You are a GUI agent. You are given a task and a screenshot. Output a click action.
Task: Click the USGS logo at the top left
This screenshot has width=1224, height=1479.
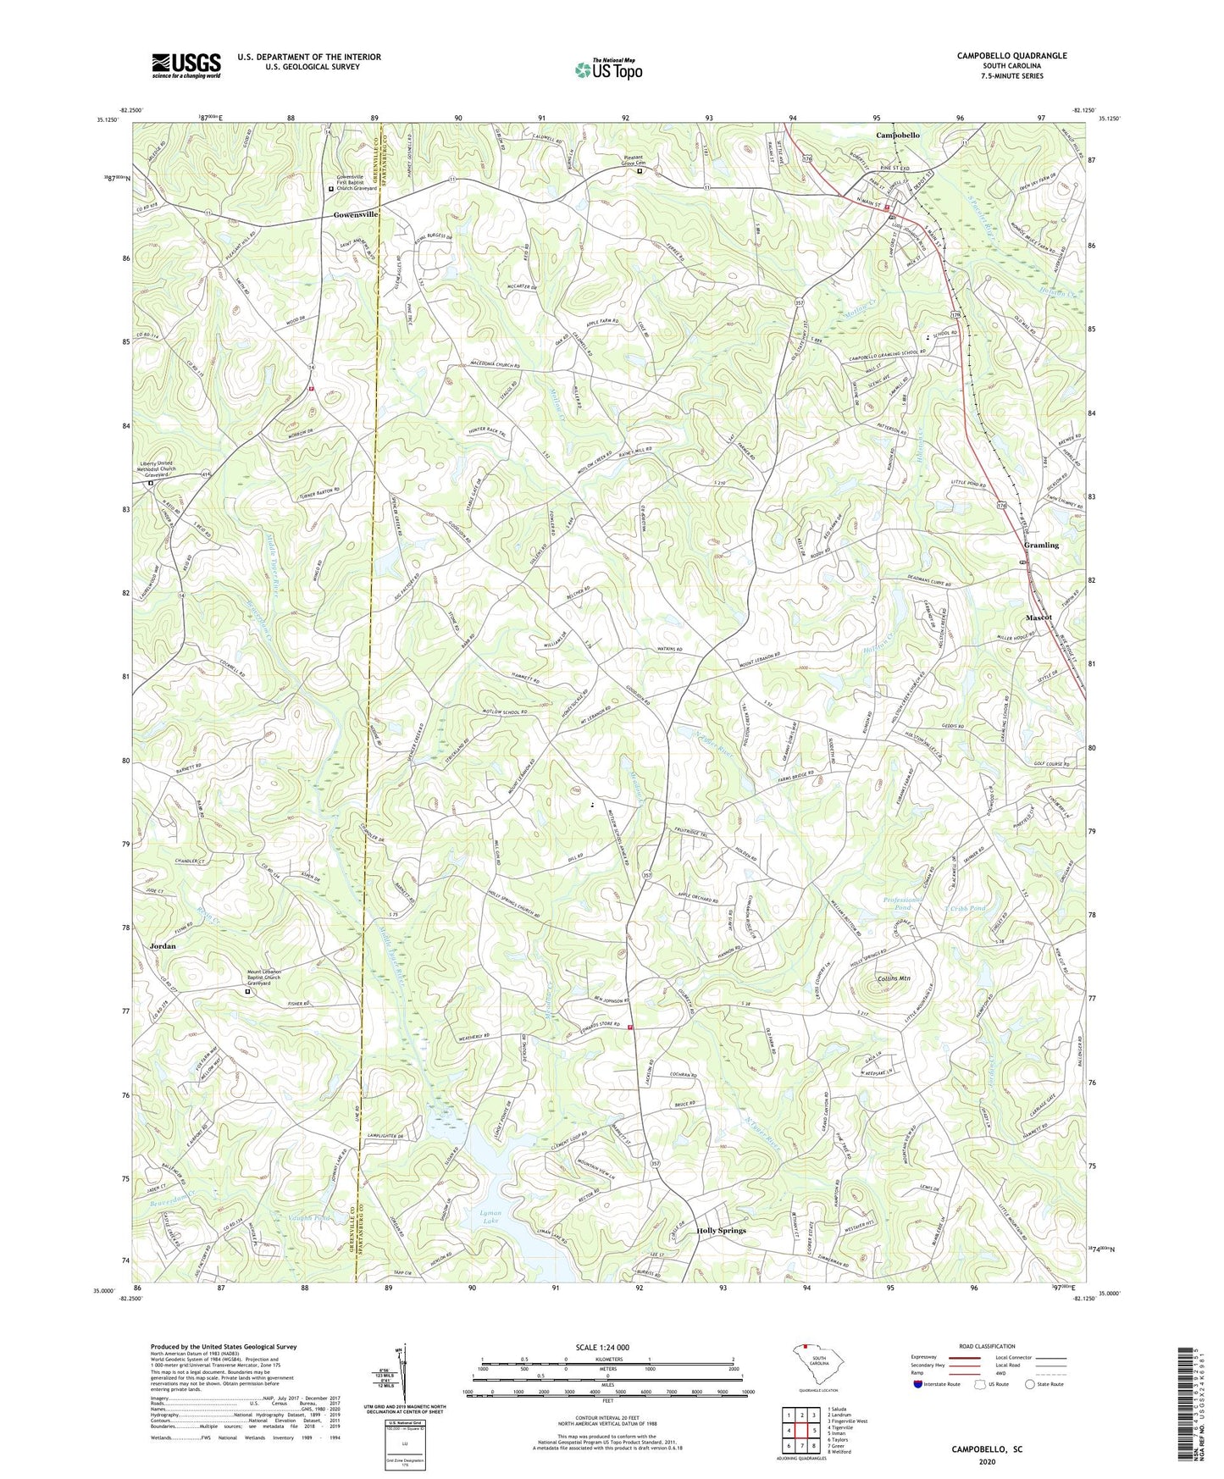pos(186,65)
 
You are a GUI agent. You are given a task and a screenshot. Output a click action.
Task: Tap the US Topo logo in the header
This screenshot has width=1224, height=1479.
pos(607,69)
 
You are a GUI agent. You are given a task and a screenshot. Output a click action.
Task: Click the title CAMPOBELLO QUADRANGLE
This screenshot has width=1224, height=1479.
pos(1011,56)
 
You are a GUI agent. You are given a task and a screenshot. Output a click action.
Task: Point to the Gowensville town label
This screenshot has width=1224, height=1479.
pos(355,215)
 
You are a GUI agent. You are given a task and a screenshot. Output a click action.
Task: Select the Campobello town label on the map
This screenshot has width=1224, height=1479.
pos(897,136)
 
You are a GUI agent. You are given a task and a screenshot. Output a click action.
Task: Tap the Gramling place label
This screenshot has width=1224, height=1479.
pos(1041,546)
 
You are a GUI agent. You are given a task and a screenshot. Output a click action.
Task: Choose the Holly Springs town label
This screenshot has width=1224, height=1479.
pos(721,1231)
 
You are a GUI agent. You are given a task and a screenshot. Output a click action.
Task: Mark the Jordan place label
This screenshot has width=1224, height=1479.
pos(163,945)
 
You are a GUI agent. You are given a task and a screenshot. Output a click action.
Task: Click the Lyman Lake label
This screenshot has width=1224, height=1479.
pos(485,1217)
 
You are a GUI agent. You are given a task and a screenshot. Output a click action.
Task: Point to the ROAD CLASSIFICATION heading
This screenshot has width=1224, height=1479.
pos(987,1346)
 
